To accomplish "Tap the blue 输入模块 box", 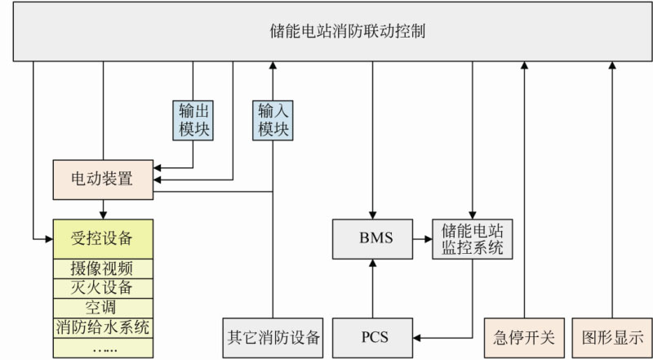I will [x=273, y=120].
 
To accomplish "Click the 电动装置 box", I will [x=103, y=178].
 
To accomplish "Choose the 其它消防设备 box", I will [x=273, y=336].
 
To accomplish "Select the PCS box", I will [x=372, y=336].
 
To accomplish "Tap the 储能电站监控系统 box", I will [x=473, y=238].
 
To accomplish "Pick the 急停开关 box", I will [x=524, y=336].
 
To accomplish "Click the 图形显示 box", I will [x=612, y=336].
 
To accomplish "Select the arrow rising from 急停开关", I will [x=524, y=188].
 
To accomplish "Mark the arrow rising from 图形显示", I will [x=612, y=188].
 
